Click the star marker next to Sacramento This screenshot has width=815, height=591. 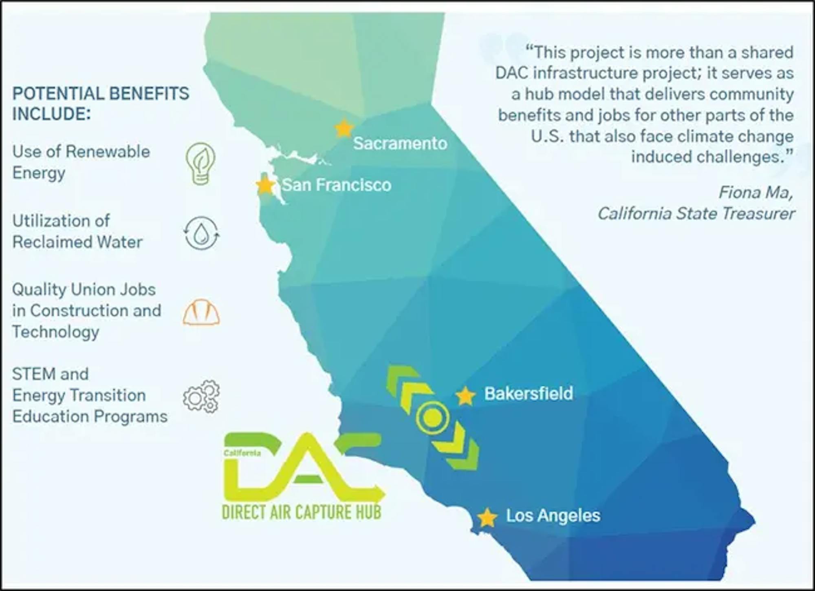click(344, 128)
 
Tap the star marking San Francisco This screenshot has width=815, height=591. click(266, 186)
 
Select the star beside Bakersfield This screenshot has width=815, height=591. click(465, 396)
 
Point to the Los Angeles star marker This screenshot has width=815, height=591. click(487, 518)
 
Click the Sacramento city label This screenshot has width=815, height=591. click(400, 144)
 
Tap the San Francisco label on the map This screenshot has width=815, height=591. click(337, 185)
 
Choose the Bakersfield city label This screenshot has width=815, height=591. click(529, 394)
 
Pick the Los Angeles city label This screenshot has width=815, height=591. click(553, 516)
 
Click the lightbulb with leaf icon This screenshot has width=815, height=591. click(200, 163)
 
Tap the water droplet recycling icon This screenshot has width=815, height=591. click(201, 233)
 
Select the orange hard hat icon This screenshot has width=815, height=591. click(201, 312)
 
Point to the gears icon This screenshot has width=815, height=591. click(201, 396)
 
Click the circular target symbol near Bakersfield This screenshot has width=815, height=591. click(432, 417)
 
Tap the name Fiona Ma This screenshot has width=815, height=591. click(756, 192)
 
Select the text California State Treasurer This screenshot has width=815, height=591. click(696, 213)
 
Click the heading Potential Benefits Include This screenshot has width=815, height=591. click(101, 104)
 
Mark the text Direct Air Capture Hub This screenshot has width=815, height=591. click(302, 512)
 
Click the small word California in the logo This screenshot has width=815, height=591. click(242, 453)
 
